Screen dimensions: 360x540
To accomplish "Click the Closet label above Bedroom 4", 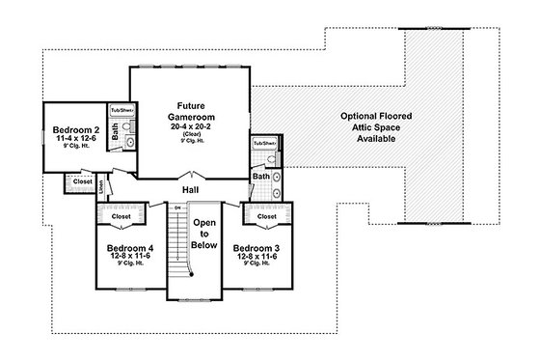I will point(122,216).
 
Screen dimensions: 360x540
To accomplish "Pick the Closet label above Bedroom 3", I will point(267,216).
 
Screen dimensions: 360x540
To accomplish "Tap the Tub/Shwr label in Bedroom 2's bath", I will point(121,111).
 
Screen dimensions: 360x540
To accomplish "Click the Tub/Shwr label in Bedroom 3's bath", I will point(262,144).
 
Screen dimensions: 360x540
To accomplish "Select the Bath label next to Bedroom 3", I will point(260,177).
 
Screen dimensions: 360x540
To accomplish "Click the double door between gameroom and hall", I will point(191,178).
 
